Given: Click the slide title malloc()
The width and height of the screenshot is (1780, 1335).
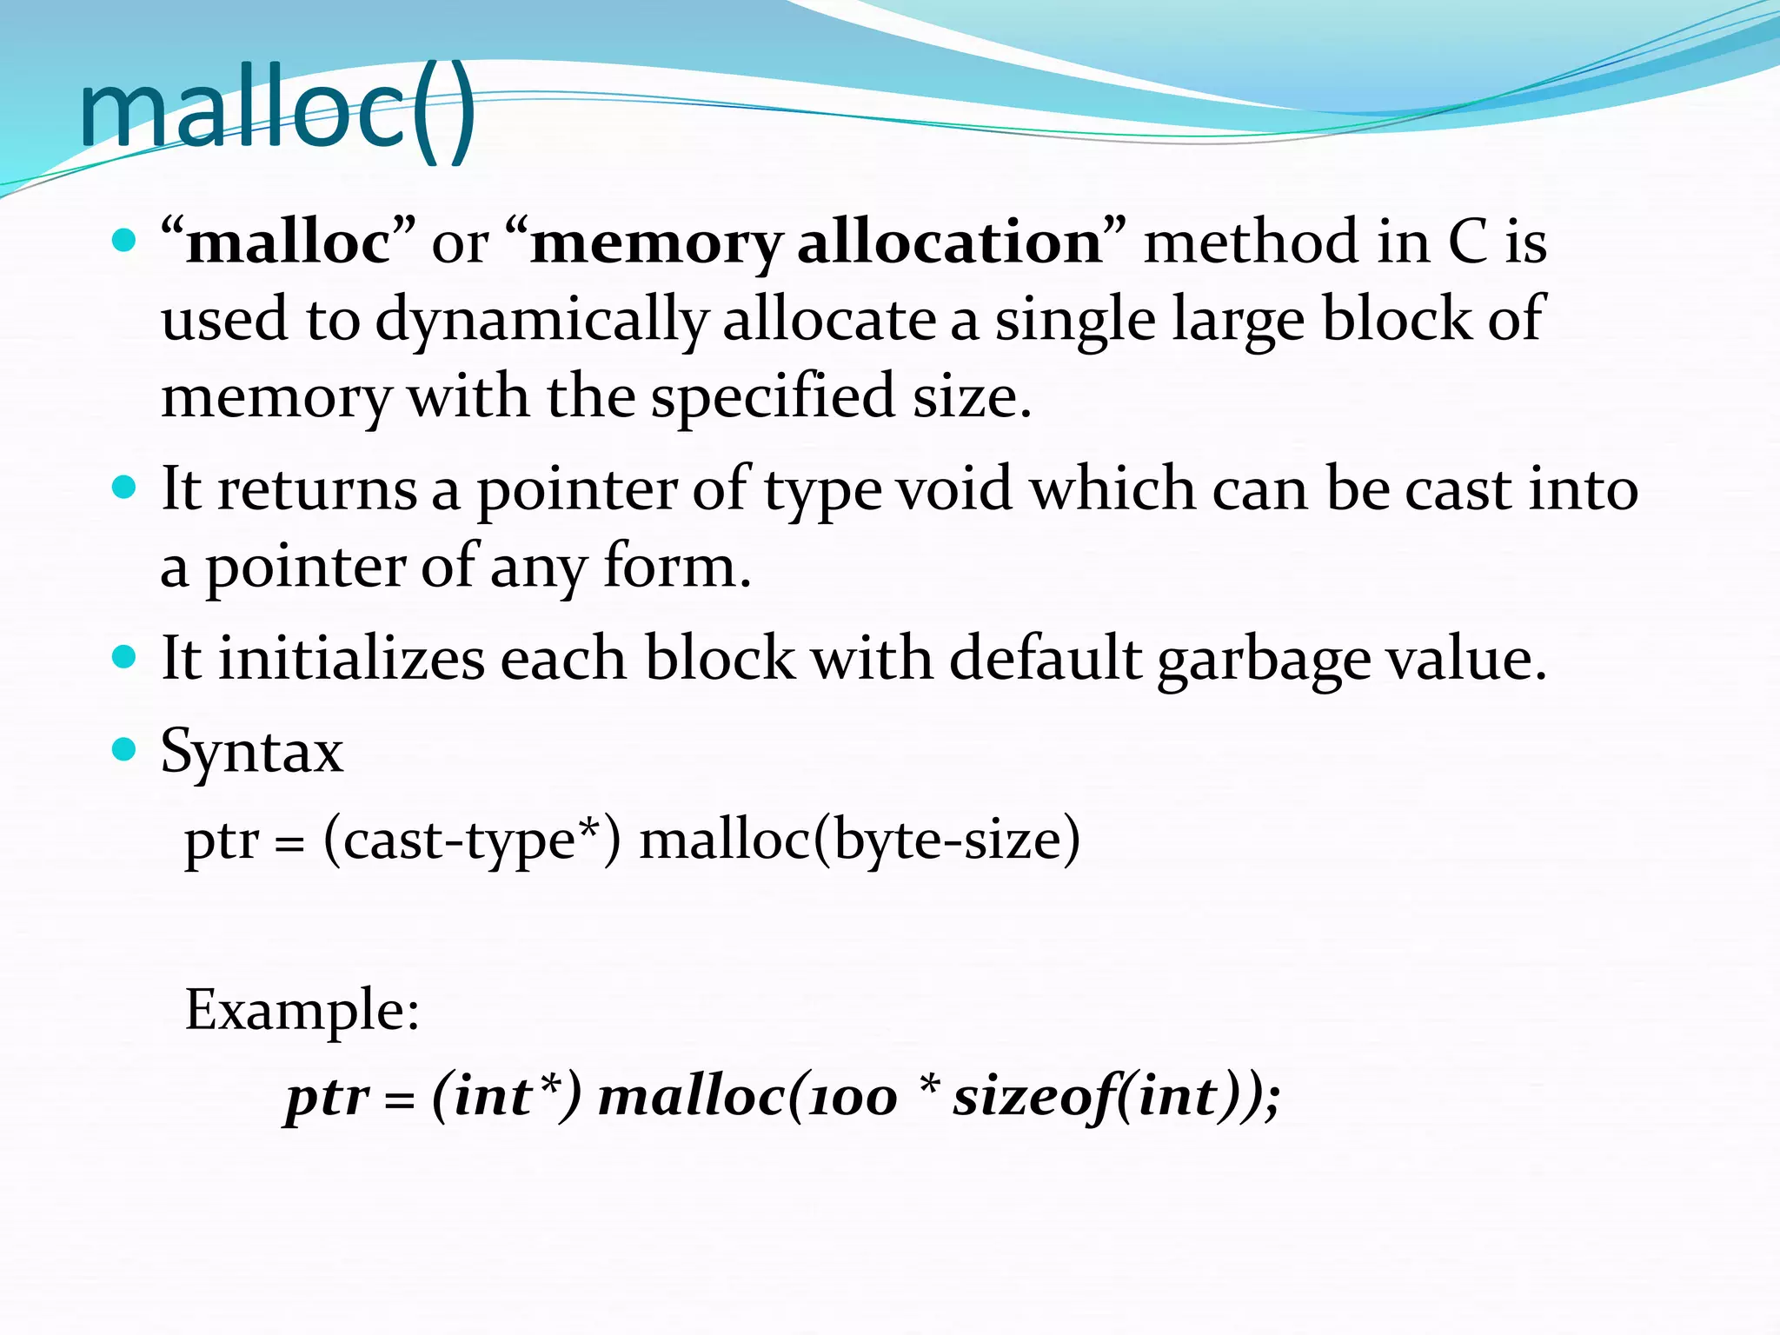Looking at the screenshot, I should (276, 111).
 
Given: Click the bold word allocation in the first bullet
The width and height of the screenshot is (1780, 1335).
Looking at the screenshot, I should (950, 242).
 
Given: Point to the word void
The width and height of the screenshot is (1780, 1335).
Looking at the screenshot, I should (954, 489).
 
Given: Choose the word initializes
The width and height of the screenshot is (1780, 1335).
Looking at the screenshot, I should (350, 659).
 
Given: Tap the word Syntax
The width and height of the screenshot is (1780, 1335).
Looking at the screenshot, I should (252, 751).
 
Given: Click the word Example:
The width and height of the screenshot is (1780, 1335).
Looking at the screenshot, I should (302, 1010).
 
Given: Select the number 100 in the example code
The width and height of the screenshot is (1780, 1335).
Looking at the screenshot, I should (852, 1097).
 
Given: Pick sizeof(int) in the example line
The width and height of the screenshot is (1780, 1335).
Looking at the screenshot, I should (1099, 1097).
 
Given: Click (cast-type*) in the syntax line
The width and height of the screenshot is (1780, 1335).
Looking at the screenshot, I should (472, 840).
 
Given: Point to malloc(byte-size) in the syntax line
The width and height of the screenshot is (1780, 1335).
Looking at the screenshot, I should (860, 840).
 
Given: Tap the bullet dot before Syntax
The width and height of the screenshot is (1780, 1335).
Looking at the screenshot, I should (125, 748).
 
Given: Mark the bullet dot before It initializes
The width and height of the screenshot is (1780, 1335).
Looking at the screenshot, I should (125, 656).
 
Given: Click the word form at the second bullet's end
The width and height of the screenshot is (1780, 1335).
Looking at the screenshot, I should (669, 567).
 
